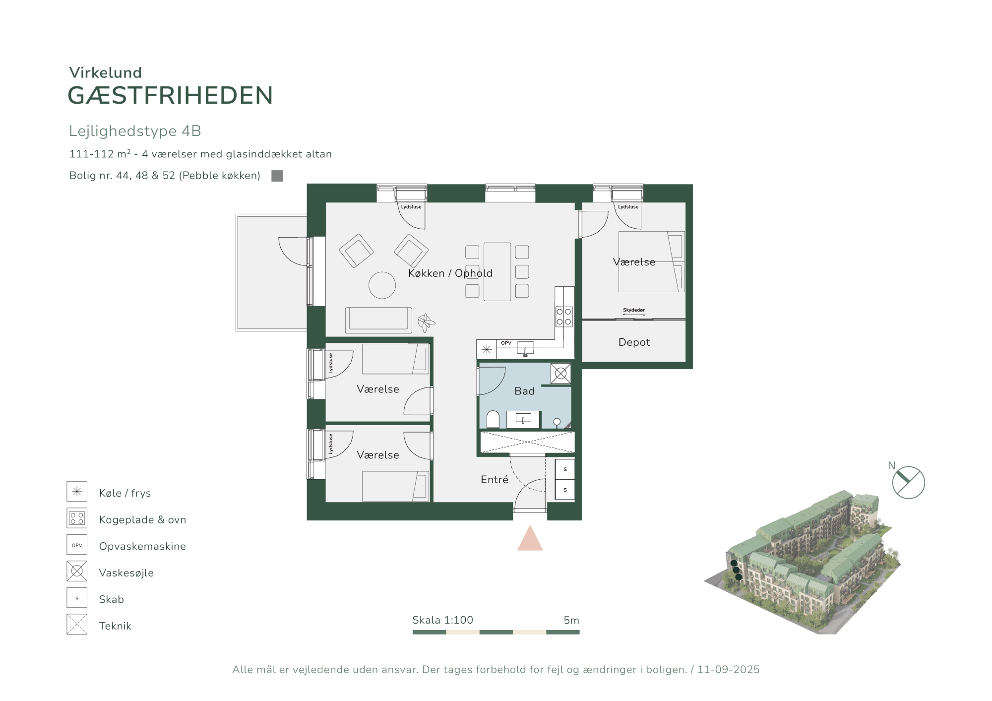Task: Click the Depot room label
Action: [634, 342]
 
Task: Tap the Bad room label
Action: [524, 391]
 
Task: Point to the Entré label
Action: [495, 479]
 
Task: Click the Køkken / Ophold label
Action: [450, 273]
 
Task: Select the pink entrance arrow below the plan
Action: [530, 539]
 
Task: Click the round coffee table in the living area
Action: [382, 285]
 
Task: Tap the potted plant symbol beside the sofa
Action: [426, 322]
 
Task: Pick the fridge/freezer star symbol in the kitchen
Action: [487, 349]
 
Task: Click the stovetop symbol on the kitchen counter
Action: [564, 317]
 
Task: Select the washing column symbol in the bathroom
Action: [560, 374]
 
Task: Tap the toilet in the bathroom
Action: [493, 419]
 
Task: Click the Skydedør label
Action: [634, 310]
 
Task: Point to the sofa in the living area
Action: [378, 320]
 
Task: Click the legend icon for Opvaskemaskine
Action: [77, 545]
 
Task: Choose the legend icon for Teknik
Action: [77, 624]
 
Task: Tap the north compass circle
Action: [908, 482]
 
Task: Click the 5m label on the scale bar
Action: [571, 620]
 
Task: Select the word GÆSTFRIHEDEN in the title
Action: [170, 95]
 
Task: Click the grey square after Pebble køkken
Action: [277, 176]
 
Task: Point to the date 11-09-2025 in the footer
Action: [728, 669]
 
